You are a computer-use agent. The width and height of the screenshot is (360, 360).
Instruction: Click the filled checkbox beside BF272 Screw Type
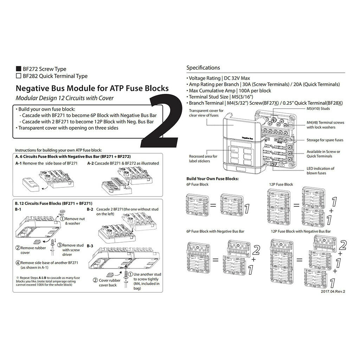pyautogui.click(x=18, y=69)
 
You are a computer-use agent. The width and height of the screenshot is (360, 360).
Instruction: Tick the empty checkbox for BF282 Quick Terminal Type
pyautogui.click(x=18, y=76)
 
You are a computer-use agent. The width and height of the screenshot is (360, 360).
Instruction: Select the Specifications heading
pyautogui.click(x=203, y=68)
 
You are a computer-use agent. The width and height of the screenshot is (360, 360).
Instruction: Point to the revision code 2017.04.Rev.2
pyautogui.click(x=333, y=291)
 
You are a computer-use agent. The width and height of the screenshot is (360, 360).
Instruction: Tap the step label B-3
pyautogui.click(x=90, y=246)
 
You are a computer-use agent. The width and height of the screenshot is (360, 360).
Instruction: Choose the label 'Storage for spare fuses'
pyautogui.click(x=325, y=140)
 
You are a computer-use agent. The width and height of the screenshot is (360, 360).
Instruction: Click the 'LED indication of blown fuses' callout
pyautogui.click(x=320, y=171)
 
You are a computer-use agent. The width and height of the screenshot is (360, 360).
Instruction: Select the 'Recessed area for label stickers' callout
pyautogui.click(x=203, y=159)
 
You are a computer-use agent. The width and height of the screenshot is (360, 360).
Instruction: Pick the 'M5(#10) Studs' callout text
pyautogui.click(x=318, y=109)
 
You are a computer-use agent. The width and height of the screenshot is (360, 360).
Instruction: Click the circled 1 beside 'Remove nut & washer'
pyautogui.click(x=62, y=219)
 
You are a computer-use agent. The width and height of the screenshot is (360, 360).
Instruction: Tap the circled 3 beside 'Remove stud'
pyautogui.click(x=60, y=245)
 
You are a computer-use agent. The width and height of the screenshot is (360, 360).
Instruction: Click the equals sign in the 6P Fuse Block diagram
pyautogui.click(x=213, y=205)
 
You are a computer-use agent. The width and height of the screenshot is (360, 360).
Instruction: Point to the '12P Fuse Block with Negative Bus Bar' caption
pyautogui.click(x=301, y=231)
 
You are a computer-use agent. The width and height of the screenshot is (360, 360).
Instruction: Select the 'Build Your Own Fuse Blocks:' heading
pyautogui.click(x=213, y=179)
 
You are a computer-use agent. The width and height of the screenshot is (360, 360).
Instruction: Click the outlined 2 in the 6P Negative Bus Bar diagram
pyautogui.click(x=256, y=250)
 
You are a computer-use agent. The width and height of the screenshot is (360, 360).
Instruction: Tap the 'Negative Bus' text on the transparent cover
pyautogui.click(x=247, y=138)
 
